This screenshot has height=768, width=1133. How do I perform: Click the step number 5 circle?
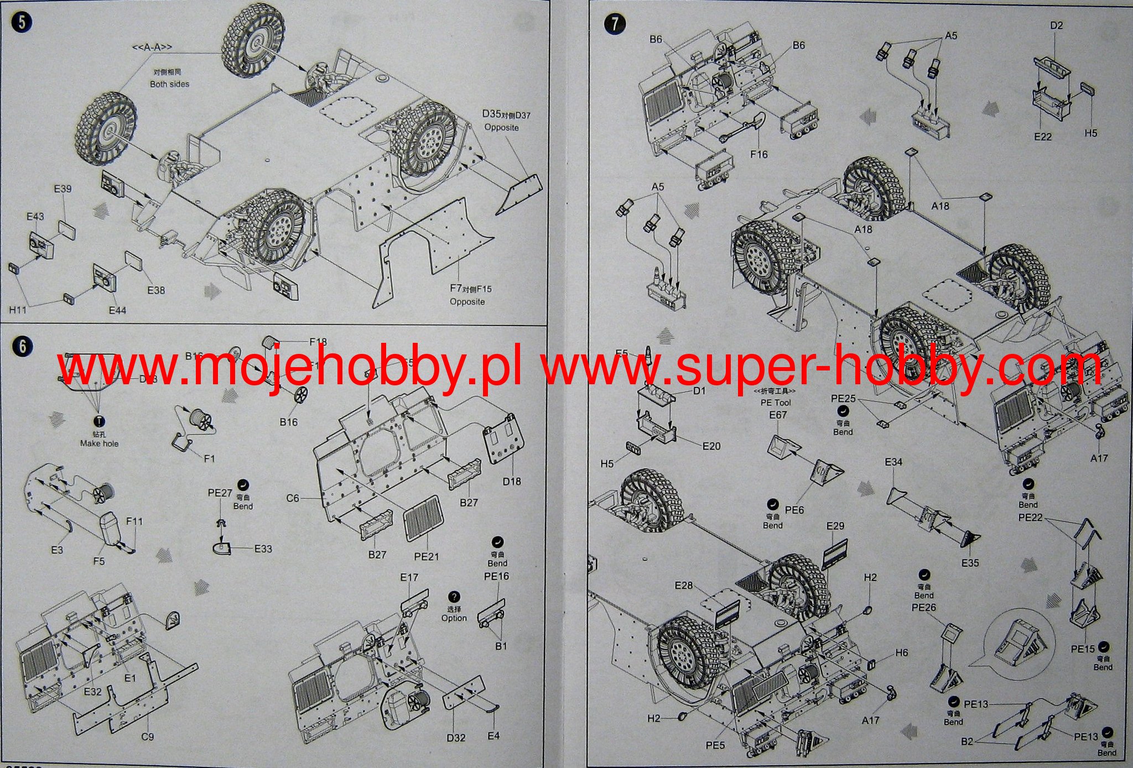pos(23,22)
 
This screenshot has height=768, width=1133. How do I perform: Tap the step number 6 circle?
pos(23,347)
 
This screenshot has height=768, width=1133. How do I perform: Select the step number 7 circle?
pos(615,24)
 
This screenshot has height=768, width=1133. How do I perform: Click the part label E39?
pos(63,189)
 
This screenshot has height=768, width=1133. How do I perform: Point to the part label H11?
pos(18,310)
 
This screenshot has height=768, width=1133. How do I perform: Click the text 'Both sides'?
pos(169,84)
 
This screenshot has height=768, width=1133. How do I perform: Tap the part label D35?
pos(491,114)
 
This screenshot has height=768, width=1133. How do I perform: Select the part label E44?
pos(117,310)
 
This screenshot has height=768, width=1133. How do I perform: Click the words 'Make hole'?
pos(99,443)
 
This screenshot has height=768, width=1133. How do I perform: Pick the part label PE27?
pos(220,493)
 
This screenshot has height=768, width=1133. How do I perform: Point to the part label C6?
pos(293,498)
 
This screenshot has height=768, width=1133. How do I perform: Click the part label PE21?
pos(426,556)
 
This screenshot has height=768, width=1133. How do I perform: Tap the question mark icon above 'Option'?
pos(454,597)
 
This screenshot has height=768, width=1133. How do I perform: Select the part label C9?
pos(147,736)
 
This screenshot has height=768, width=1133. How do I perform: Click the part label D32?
pos(456,738)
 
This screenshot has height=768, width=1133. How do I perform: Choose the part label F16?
pos(758,155)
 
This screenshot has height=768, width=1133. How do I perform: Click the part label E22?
pos(1042,137)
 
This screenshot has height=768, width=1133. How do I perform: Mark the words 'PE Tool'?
pos(776,403)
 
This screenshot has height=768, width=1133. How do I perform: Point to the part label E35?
pos(970,563)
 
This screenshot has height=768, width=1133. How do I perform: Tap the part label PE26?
pos(923,608)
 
